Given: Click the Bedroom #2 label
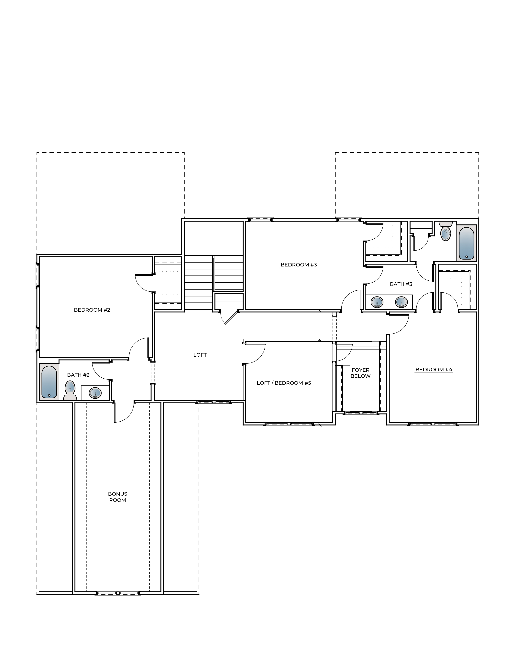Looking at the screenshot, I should tap(92, 310).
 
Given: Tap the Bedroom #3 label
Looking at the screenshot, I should tap(299, 265).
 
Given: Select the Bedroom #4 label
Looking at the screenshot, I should tap(434, 370).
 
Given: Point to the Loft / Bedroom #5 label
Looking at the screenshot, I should tap(284, 383).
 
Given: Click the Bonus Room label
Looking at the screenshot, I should tap(118, 497).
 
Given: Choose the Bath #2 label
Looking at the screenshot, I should tap(78, 375).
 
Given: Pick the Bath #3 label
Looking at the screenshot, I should tap(401, 284).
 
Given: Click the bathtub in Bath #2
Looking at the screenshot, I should tap(49, 382).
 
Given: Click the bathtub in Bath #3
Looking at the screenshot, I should tap(466, 243).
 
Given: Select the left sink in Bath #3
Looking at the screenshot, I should tap(377, 302).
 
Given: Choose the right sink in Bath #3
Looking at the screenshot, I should tap(401, 302).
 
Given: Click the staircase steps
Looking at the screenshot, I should tap(198, 283).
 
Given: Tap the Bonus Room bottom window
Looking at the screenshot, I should tap(118, 593).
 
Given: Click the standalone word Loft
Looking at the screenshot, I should tap(200, 355).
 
